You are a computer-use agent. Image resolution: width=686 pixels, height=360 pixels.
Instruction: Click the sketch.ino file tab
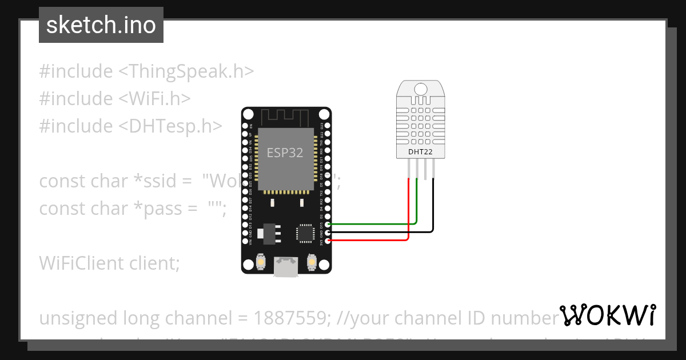(x=101, y=25)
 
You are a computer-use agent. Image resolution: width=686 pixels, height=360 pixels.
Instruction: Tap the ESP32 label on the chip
(x=285, y=153)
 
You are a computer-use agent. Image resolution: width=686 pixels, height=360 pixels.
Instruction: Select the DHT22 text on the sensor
(x=420, y=152)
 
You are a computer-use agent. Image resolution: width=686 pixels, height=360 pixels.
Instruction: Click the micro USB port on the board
(x=286, y=266)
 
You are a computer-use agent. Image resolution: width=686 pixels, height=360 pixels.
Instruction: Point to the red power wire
(x=408, y=211)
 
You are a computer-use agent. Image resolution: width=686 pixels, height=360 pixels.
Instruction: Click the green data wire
(x=416, y=206)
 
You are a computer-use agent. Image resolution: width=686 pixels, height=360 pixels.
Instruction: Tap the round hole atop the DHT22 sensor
(x=420, y=89)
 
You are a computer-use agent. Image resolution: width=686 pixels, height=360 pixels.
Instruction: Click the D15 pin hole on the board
(x=327, y=225)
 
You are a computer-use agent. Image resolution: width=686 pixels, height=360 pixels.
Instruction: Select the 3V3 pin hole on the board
(x=327, y=241)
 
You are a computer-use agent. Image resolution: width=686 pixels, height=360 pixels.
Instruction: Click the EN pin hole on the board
(x=245, y=126)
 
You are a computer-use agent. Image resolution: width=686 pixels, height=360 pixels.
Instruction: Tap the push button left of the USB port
(x=261, y=261)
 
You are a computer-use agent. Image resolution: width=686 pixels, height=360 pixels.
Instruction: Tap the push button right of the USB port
(x=312, y=261)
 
